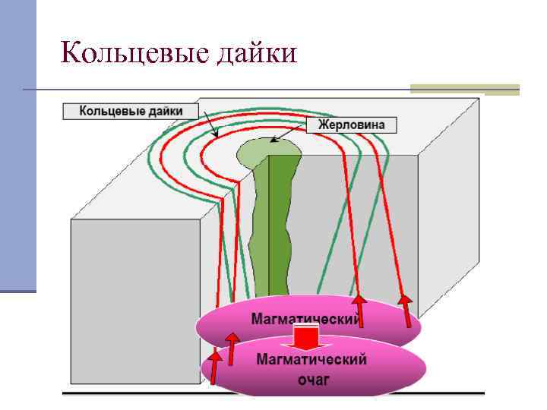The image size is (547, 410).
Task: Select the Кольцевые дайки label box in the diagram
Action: click(131, 111)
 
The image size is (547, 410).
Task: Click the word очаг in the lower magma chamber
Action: click(312, 378)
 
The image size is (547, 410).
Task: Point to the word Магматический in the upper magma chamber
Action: click(304, 320)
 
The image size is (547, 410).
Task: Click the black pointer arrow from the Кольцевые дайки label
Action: click(209, 125)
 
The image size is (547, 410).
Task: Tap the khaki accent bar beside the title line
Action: click(464, 90)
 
